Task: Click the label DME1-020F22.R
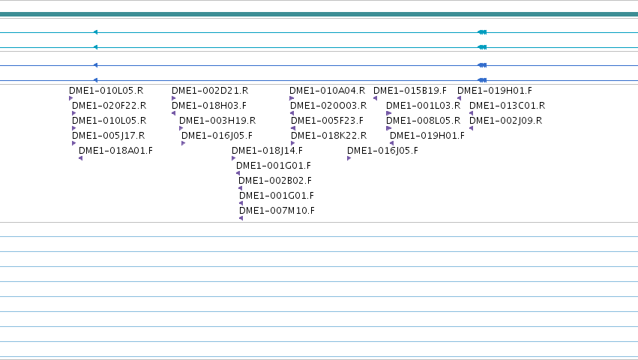(109, 106)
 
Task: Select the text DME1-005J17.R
(108, 136)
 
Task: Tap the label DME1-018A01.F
(115, 151)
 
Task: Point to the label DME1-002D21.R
(210, 91)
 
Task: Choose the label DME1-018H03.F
(209, 106)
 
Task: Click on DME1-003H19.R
(217, 121)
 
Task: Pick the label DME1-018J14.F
(268, 151)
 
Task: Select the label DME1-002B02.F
(275, 181)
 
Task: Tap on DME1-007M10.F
(277, 211)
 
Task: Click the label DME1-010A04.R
(327, 91)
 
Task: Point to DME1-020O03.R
(328, 106)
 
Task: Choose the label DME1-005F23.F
(327, 121)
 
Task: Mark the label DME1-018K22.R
(329, 136)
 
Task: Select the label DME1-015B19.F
(410, 91)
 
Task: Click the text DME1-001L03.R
(423, 106)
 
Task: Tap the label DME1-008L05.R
(423, 121)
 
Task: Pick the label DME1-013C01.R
(507, 106)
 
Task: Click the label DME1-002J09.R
(506, 121)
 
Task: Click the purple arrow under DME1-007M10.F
(241, 218)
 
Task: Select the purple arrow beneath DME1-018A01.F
(80, 158)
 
